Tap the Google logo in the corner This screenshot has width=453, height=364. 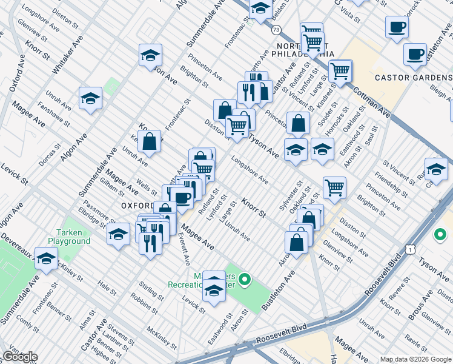click(x=19, y=357)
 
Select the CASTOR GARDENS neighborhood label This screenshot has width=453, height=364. click(x=413, y=78)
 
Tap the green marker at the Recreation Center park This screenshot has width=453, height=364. click(x=245, y=280)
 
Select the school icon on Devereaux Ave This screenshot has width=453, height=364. click(x=46, y=258)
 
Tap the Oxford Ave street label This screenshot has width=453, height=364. click(x=18, y=73)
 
